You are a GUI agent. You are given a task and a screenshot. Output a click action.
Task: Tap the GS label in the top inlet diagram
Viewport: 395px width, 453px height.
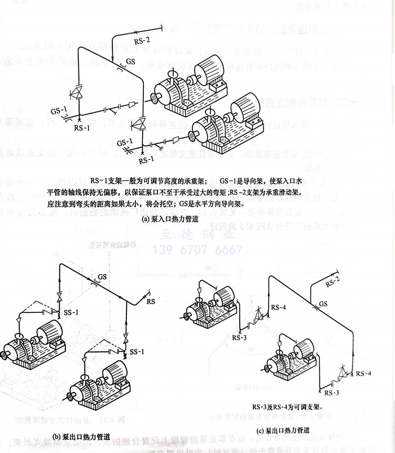(x=130, y=60)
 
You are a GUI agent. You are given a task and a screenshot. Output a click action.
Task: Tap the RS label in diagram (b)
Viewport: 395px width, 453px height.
(x=151, y=302)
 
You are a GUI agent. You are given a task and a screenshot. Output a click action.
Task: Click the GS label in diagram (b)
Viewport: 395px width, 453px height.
(x=102, y=276)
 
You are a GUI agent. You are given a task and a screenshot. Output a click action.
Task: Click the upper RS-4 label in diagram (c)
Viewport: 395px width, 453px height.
(x=278, y=307)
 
